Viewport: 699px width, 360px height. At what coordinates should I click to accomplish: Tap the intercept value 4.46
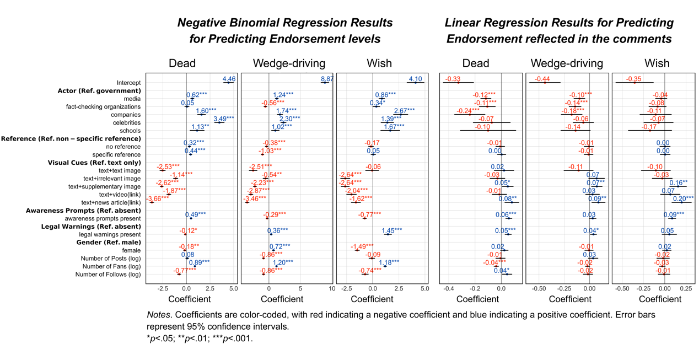pos(229,79)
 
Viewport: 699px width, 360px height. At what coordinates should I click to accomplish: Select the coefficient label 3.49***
pos(224,119)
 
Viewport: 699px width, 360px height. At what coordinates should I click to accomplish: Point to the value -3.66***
pos(158,198)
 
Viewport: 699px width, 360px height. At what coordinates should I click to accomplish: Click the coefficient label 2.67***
pos(404,111)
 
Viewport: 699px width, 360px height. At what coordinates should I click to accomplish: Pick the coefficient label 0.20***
pos(683,198)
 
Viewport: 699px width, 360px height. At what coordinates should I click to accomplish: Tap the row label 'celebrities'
pos(126,123)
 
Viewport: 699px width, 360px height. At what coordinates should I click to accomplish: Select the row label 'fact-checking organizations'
pos(103,107)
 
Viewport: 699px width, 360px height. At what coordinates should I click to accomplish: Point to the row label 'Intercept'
pos(128,83)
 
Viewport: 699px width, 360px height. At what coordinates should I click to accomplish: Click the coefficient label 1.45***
pos(392,230)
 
